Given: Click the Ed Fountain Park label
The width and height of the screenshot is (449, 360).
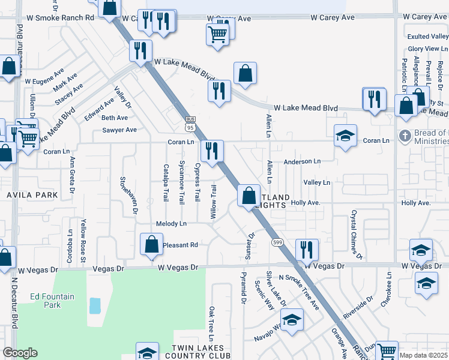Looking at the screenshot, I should click(52, 301).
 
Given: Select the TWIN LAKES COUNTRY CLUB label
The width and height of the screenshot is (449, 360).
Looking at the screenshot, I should click(197, 352).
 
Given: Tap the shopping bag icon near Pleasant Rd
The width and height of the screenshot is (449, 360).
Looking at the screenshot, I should click(151, 244).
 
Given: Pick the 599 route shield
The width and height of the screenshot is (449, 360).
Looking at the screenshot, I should click(277, 242).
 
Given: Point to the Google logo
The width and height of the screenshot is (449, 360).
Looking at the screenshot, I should click(20, 353).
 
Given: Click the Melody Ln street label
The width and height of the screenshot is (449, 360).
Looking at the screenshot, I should click(171, 223).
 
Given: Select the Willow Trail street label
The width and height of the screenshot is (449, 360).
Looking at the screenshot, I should click(214, 202).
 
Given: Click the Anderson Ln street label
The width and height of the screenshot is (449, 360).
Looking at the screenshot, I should click(302, 161).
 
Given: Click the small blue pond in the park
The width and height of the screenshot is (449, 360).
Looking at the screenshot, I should click(94, 306).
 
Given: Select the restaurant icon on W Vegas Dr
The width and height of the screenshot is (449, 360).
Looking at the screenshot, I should click(307, 249).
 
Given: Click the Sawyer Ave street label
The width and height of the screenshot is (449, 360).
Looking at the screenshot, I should click(119, 130).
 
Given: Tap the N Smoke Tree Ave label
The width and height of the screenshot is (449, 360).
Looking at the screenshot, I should click(301, 293).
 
